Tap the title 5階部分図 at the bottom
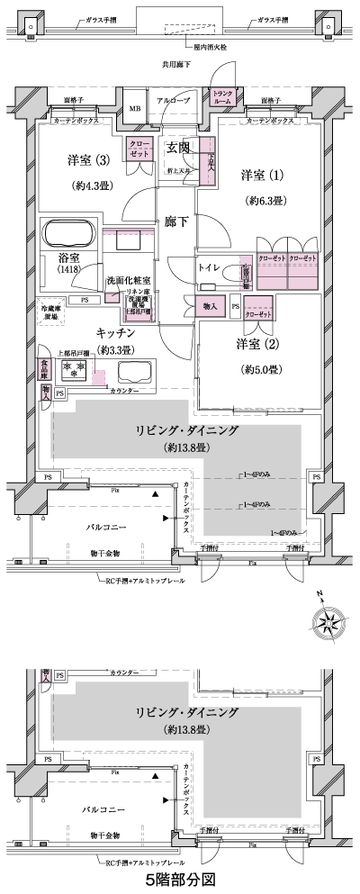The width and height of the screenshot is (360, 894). tap(179, 875)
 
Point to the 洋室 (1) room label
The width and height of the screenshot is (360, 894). tap(262, 173)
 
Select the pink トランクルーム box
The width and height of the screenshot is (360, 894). tap(221, 98)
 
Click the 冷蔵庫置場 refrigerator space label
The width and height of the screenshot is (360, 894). tap(51, 312)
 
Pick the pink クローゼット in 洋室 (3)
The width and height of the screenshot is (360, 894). tap(139, 148)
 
